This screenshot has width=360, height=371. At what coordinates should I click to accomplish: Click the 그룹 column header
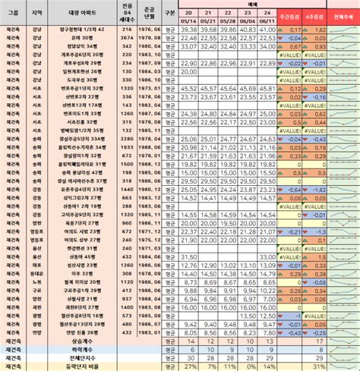click(12, 14)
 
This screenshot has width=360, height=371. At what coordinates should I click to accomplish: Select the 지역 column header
click(37, 14)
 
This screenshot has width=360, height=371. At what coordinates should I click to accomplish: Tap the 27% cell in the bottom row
click(188, 366)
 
